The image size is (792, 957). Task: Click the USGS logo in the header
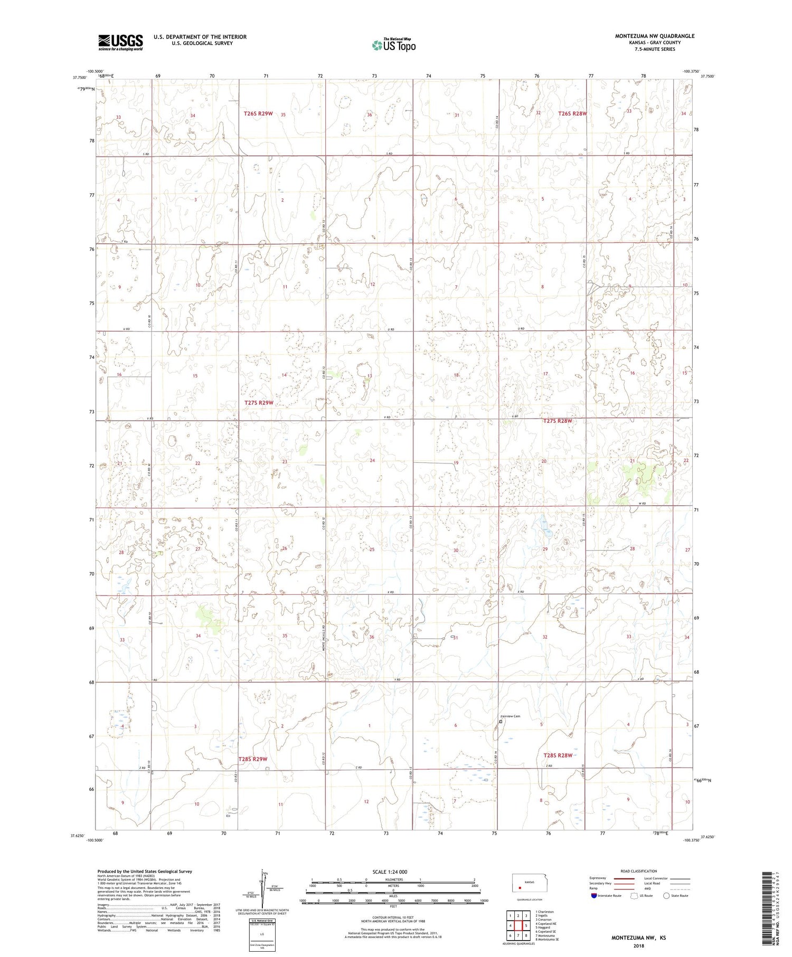(x=120, y=42)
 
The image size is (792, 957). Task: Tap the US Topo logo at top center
(x=393, y=45)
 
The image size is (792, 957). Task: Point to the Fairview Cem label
(x=510, y=716)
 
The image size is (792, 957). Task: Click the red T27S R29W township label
(x=259, y=403)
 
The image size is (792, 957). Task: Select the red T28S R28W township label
(x=558, y=755)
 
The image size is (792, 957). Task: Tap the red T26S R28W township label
(x=573, y=113)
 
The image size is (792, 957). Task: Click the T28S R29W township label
(x=253, y=759)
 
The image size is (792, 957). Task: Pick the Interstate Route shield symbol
(x=593, y=895)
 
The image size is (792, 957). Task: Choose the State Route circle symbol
(x=666, y=895)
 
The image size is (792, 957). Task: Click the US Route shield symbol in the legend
(x=634, y=895)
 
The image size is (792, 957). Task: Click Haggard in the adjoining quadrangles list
(x=544, y=927)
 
